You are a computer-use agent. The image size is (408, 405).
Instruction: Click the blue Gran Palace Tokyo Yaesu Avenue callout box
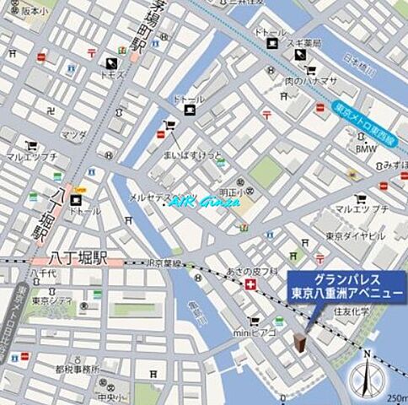[x=346, y=287]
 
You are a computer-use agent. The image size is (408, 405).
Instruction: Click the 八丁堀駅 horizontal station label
[x=66, y=250]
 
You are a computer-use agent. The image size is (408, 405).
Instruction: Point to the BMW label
[x=366, y=148]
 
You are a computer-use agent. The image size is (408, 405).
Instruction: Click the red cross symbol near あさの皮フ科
[x=250, y=286]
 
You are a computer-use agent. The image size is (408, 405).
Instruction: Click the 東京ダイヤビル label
[x=355, y=235]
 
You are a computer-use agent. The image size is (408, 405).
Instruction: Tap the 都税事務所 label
[x=78, y=369]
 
